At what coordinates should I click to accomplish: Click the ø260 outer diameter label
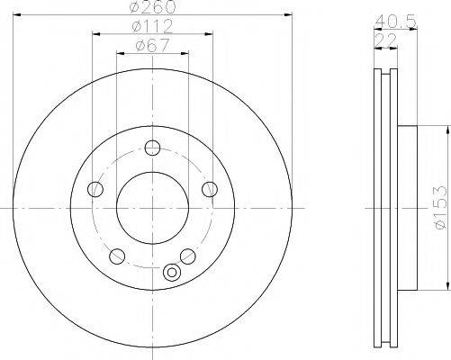pyautogui.click(x=152, y=6)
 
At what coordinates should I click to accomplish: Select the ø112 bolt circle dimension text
pyautogui.click(x=152, y=26)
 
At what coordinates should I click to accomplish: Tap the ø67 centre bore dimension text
pyautogui.click(x=153, y=46)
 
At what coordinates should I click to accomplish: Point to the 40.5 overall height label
pyautogui.click(x=396, y=22)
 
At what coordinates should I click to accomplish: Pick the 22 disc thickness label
pyautogui.click(x=385, y=40)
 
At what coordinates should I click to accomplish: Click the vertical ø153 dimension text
pyautogui.click(x=440, y=208)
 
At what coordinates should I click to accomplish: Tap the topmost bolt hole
pyautogui.click(x=152, y=148)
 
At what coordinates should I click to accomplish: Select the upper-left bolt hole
pyautogui.click(x=95, y=189)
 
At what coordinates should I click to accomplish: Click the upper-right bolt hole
pyautogui.click(x=210, y=189)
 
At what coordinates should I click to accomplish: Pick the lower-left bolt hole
pyautogui.click(x=117, y=256)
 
